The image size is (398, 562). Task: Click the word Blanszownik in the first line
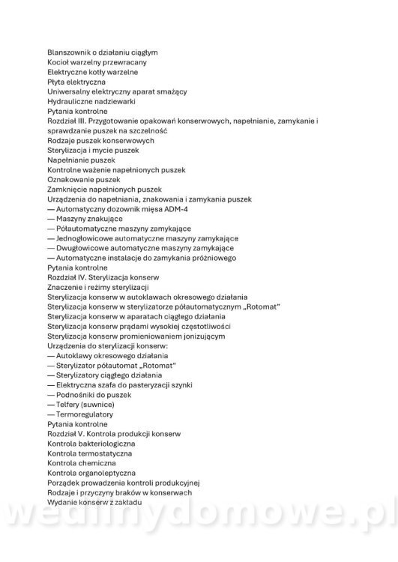tap(68, 52)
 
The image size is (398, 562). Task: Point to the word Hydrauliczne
tap(70, 101)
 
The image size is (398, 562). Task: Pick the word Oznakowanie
tap(70, 179)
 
